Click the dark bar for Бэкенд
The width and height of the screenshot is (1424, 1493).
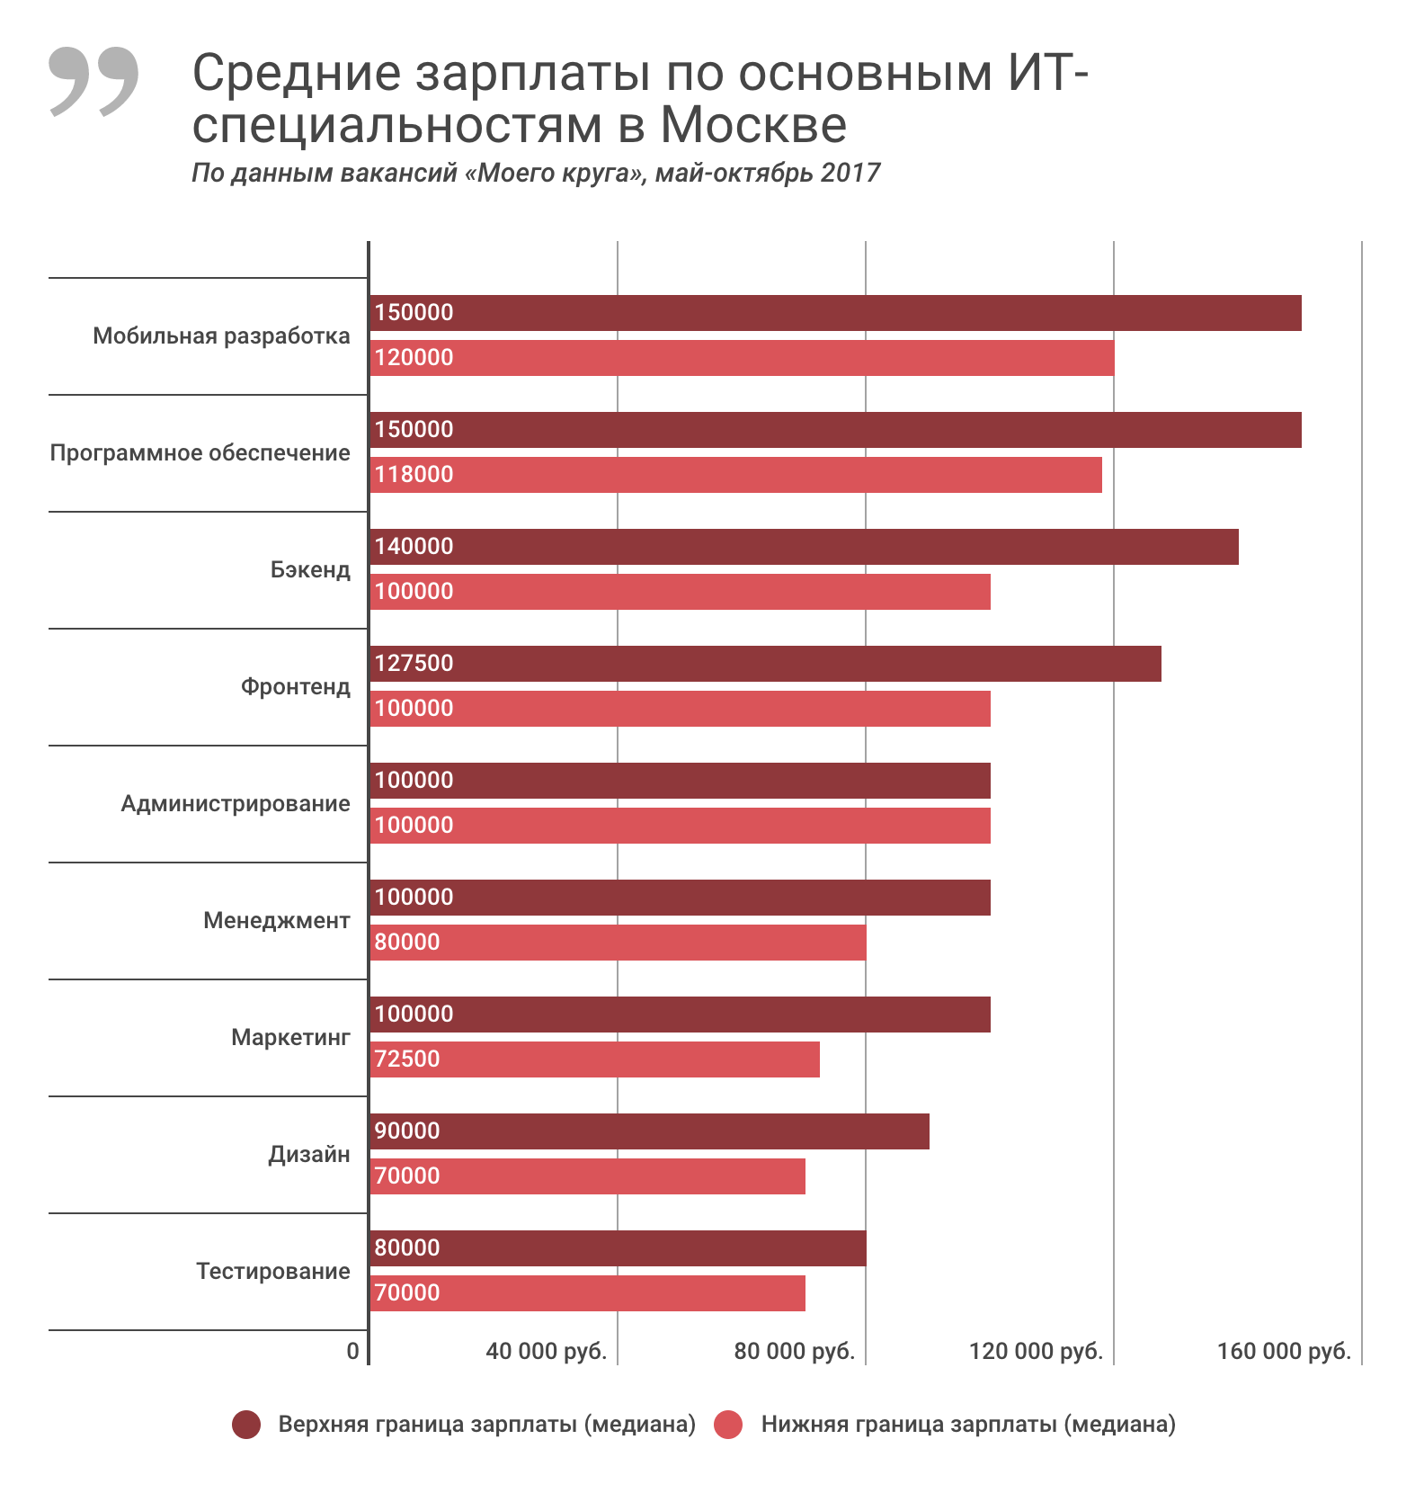[x=804, y=547]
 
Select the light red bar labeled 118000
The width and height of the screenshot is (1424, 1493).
[x=735, y=475]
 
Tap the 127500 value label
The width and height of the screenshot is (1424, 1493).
[x=414, y=664]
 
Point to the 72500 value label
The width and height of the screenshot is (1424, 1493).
[x=407, y=1059]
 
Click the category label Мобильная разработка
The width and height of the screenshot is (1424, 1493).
[x=221, y=336]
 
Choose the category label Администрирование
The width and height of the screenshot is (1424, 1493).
[x=236, y=804]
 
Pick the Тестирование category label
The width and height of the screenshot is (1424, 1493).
[x=272, y=1272]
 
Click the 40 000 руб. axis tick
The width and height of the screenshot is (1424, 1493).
[x=546, y=1352]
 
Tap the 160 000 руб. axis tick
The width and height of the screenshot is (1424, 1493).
[x=1284, y=1352]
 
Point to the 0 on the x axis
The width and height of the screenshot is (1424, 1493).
[x=352, y=1352]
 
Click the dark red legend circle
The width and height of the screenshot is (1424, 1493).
[x=246, y=1425]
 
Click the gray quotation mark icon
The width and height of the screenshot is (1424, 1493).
[x=93, y=81]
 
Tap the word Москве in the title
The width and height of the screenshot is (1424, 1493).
[x=753, y=125]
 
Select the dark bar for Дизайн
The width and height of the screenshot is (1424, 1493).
[x=649, y=1131]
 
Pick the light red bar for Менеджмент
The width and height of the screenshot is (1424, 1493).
[x=618, y=943]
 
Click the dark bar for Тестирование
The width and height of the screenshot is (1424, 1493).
[x=618, y=1248]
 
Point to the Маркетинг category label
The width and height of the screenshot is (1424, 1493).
[x=290, y=1038]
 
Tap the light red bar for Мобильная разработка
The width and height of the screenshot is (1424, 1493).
[x=742, y=358]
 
